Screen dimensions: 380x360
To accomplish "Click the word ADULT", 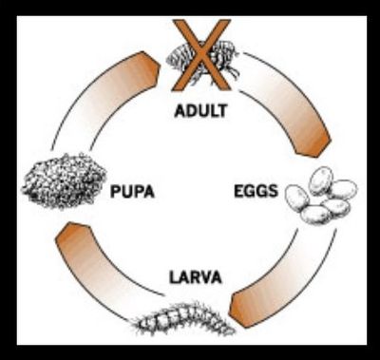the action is point(200,111).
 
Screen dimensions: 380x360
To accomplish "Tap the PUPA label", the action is point(132,192).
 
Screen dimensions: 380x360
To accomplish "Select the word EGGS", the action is point(256,191).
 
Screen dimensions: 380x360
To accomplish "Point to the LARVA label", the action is point(196,277).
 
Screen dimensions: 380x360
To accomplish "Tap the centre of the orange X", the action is point(201,54).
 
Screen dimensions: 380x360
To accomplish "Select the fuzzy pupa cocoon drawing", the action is point(64,181).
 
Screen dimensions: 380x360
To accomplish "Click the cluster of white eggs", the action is point(321,196).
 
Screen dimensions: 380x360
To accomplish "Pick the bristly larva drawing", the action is point(182,319).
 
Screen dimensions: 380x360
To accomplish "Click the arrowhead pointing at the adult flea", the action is point(150,68).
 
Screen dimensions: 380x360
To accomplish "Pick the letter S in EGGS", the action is point(273,191).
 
